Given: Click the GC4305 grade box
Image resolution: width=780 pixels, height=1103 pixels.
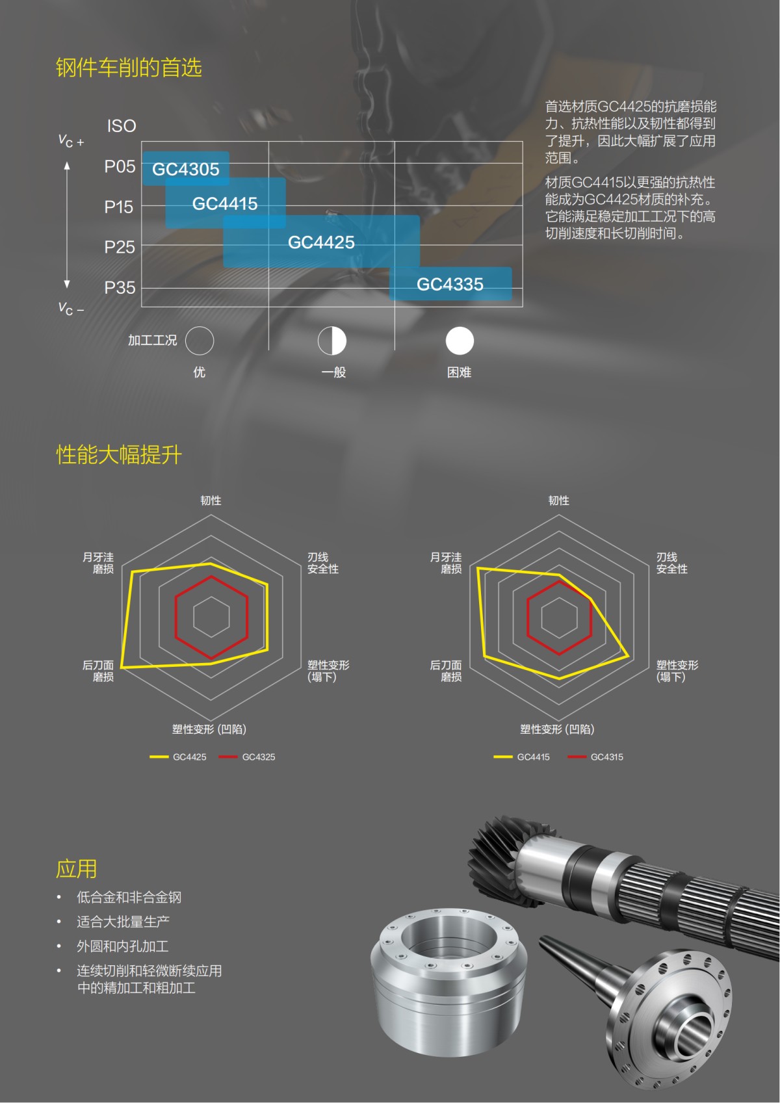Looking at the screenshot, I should (x=186, y=169).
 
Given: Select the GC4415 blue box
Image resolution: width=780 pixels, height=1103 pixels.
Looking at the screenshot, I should (x=225, y=203).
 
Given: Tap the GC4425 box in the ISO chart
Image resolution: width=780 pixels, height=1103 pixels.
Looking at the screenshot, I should (x=321, y=242).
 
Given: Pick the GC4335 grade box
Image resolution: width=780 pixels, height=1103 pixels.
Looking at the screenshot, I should (x=450, y=284).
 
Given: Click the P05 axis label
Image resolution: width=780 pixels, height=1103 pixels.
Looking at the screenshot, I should (x=120, y=167).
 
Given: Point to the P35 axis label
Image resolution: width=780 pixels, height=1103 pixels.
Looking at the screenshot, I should (x=120, y=288).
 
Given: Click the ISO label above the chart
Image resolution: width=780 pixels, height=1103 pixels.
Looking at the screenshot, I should (x=122, y=126).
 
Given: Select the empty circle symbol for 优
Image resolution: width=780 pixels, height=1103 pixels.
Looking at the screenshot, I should (x=200, y=341).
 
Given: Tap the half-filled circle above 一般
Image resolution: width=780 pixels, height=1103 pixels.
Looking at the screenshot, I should (x=332, y=341).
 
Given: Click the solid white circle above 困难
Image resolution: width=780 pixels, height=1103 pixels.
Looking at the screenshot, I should (x=460, y=341).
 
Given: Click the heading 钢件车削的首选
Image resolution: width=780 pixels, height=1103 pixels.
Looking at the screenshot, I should (x=129, y=68).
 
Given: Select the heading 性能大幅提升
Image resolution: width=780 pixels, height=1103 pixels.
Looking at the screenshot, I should (x=119, y=455).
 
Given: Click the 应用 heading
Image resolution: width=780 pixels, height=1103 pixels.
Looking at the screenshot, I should (x=77, y=869).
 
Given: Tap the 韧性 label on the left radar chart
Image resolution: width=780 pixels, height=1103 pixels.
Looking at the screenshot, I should (x=211, y=500).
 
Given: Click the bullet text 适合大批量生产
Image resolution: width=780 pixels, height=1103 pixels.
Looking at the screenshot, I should (x=123, y=922).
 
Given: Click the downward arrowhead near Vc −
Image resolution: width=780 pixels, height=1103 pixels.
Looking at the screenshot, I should (x=67, y=284).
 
